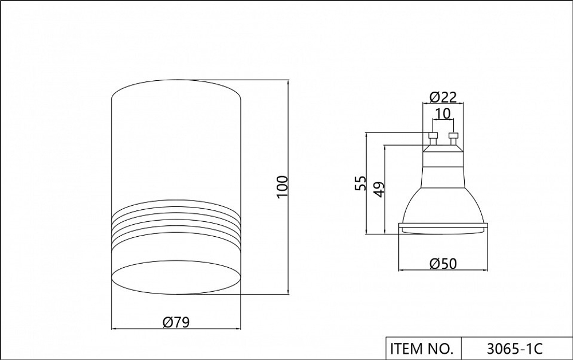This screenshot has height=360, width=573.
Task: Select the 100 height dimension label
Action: [282, 187]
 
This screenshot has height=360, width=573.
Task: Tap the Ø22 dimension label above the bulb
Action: [444, 97]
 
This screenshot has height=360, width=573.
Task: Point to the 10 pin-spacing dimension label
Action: [443, 114]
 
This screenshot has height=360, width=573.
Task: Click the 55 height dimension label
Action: [360, 183]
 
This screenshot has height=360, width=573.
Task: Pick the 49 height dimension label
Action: [379, 189]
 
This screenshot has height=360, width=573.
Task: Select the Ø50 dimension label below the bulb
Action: [444, 263]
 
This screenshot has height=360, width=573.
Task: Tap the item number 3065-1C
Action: [515, 349]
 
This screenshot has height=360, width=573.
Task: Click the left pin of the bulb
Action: [433, 138]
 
